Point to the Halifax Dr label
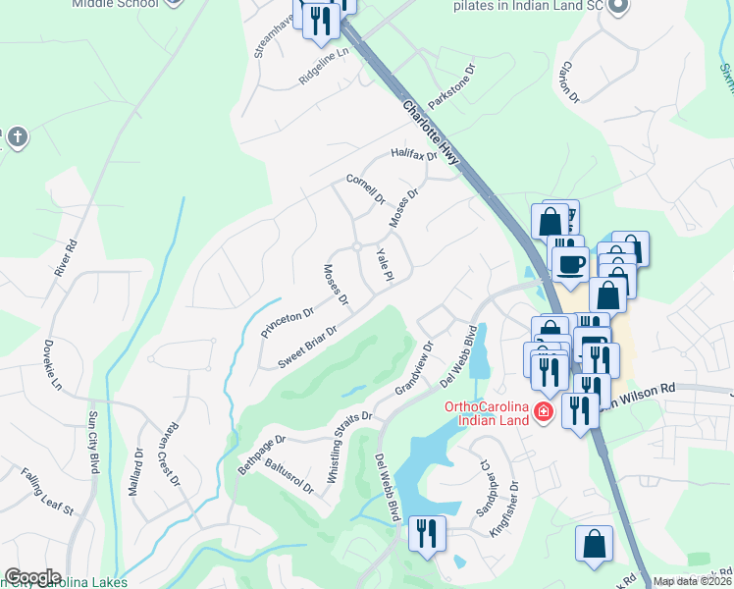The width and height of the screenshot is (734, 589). [x=412, y=154]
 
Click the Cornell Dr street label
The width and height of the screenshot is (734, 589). [x=366, y=189]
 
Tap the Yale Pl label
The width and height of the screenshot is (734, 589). [x=385, y=265]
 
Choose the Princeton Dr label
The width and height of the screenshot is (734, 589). [x=287, y=323]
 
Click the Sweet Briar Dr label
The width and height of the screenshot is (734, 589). [x=307, y=346]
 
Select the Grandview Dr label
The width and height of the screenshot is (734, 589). [x=413, y=368]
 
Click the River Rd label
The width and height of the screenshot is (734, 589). [x=67, y=255]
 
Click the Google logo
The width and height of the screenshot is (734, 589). [x=32, y=577]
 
